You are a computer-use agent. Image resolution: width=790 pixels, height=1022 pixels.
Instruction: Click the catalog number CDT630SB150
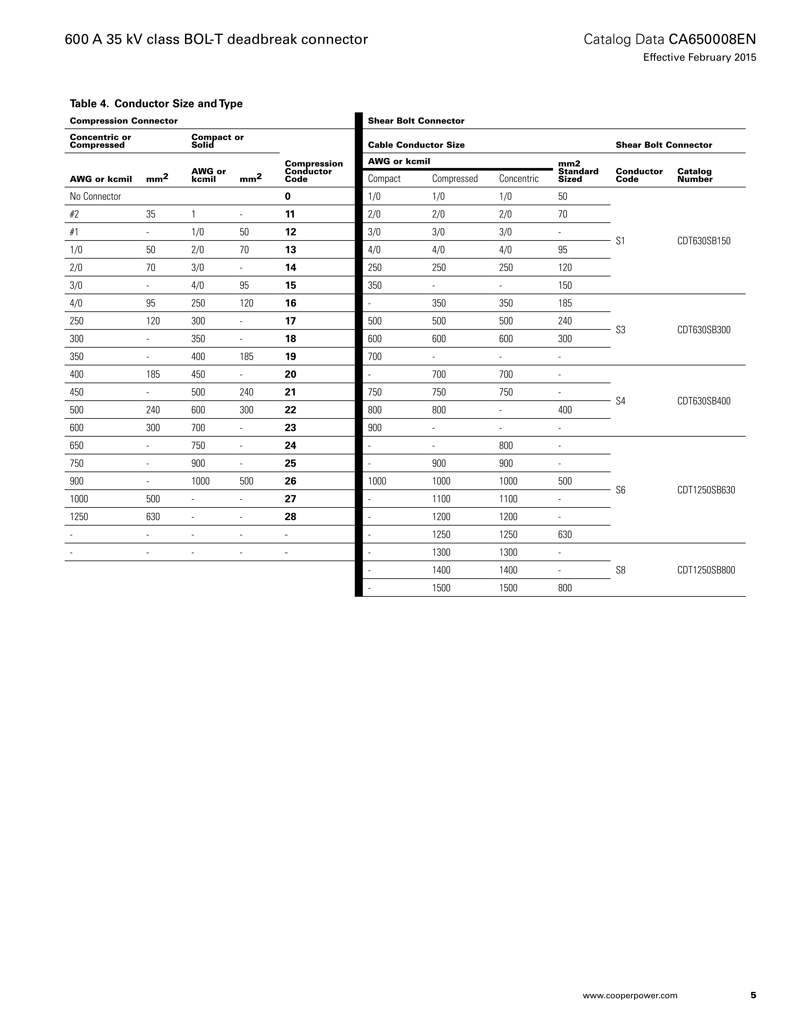click(703, 241)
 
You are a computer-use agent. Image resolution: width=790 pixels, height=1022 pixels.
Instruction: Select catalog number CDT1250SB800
click(706, 570)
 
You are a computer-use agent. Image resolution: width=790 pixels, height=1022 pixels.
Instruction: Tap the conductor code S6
click(620, 490)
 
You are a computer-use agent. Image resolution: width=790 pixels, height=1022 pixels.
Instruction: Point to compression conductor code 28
click(290, 517)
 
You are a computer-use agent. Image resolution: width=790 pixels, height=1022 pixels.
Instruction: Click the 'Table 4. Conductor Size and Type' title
click(156, 103)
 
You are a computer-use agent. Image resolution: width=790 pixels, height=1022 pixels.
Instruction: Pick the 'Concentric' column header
click(519, 179)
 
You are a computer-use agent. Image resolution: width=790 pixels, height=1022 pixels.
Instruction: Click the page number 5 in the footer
click(753, 995)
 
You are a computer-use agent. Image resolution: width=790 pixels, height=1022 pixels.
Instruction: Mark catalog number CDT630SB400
click(703, 401)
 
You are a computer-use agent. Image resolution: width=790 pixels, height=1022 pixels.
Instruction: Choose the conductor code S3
click(620, 330)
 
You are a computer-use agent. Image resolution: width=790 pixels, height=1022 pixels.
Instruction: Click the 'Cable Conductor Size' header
click(416, 145)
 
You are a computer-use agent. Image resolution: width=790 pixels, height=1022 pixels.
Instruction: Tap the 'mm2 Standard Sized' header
click(578, 171)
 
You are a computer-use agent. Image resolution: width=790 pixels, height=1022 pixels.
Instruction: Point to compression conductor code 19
click(290, 357)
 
